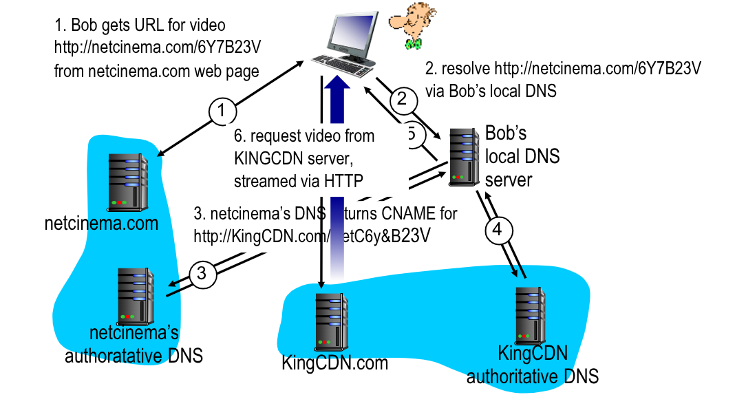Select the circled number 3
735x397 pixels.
click(x=202, y=273)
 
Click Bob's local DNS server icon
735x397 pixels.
click(x=465, y=156)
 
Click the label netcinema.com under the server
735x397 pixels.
click(x=101, y=224)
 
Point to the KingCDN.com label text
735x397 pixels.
click(x=334, y=363)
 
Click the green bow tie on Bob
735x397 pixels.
click(x=413, y=43)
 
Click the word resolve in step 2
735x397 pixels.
click(x=465, y=69)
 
